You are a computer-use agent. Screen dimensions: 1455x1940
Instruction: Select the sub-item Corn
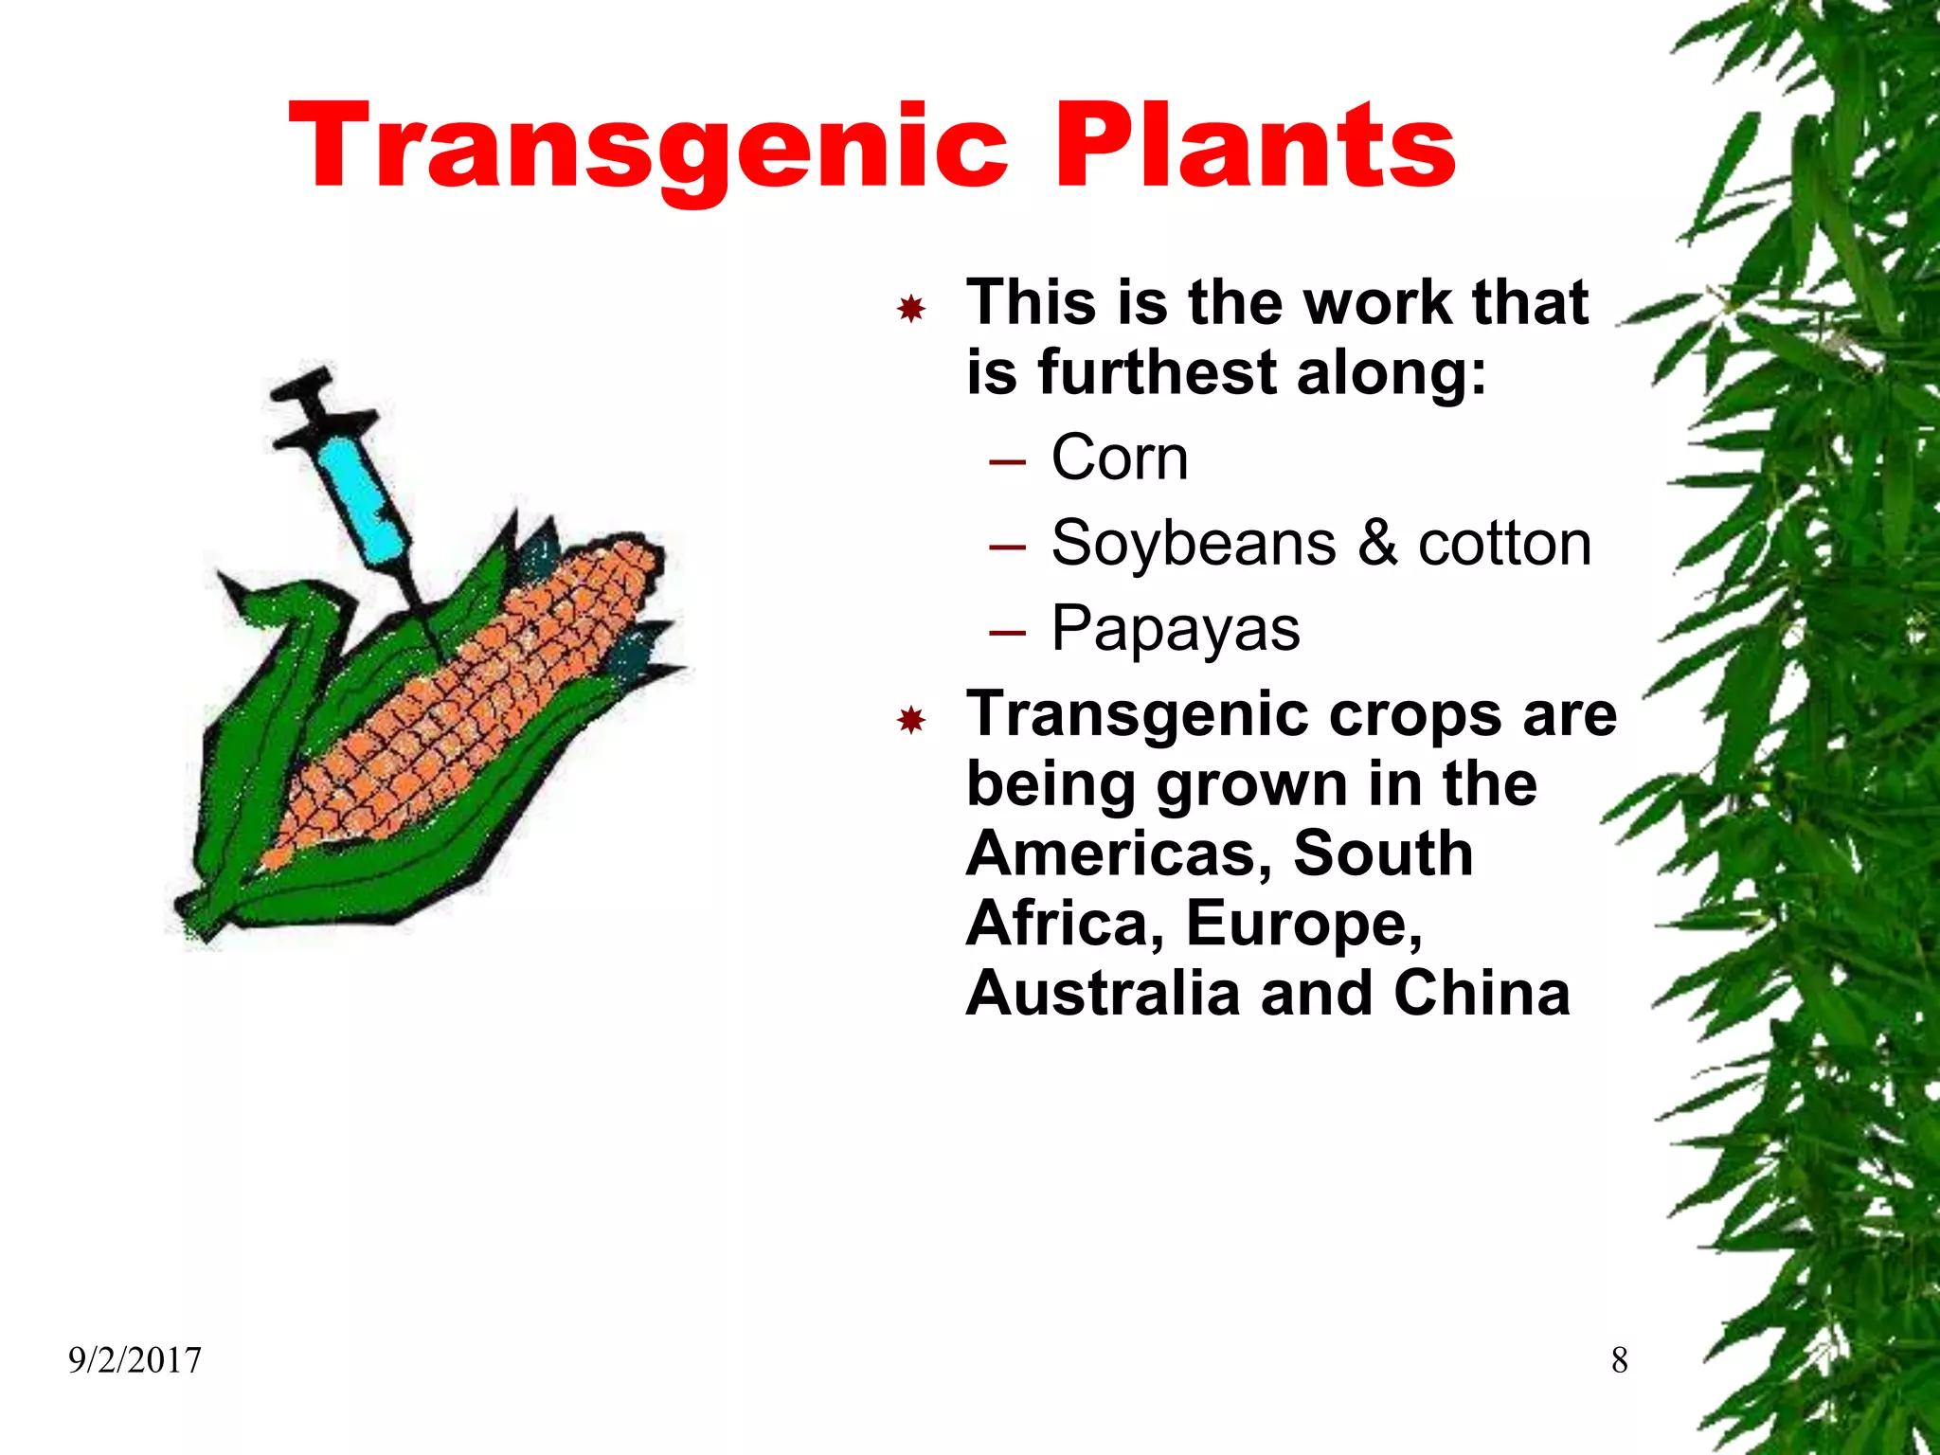1120,458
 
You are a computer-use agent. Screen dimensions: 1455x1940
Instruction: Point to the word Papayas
1176,629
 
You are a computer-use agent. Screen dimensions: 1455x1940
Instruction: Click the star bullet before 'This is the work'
911,309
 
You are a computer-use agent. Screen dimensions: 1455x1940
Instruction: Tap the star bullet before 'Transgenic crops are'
911,721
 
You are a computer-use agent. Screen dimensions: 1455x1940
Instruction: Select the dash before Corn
1007,462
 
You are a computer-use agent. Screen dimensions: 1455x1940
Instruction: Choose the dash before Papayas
1007,633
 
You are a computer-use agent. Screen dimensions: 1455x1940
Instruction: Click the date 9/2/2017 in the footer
135,1360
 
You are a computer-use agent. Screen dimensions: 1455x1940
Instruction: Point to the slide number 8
1619,1360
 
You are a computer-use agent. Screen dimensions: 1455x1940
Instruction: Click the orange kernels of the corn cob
474,701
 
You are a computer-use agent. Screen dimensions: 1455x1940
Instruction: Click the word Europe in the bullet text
1303,924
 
